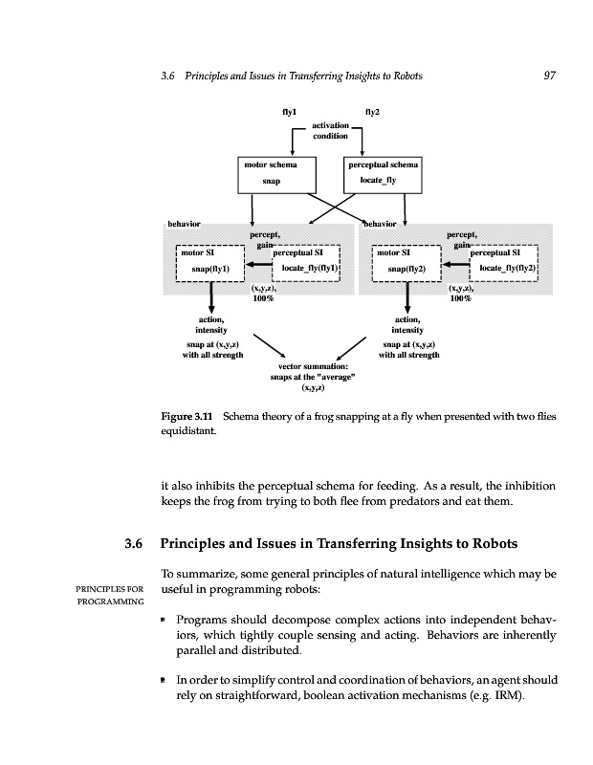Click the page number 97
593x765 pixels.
pos(549,76)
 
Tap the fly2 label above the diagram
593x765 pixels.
pos(373,112)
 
